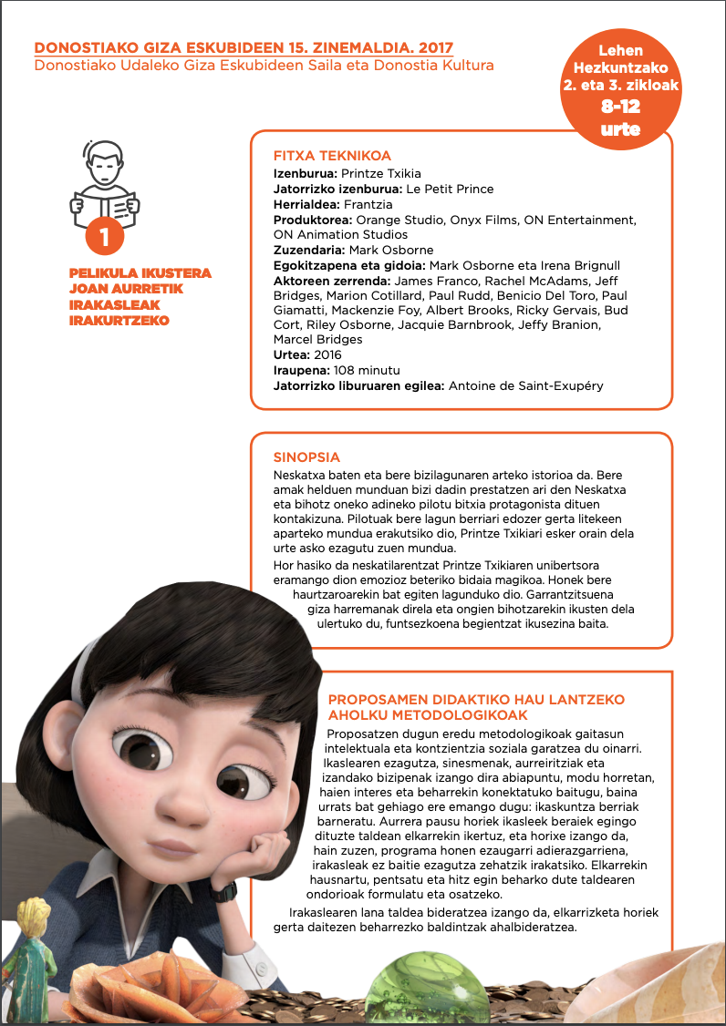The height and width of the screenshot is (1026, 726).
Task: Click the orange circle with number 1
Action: pos(105,238)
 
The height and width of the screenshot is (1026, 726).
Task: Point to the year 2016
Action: pos(327,355)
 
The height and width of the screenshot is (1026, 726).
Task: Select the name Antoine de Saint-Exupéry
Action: pos(525,385)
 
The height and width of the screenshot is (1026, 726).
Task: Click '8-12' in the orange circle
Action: pos(619,107)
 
